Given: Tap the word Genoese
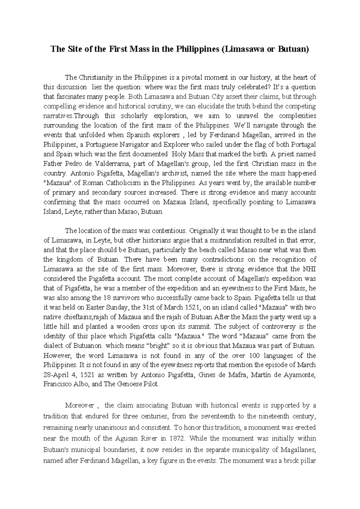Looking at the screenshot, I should pyautogui.click(x=127, y=384).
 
